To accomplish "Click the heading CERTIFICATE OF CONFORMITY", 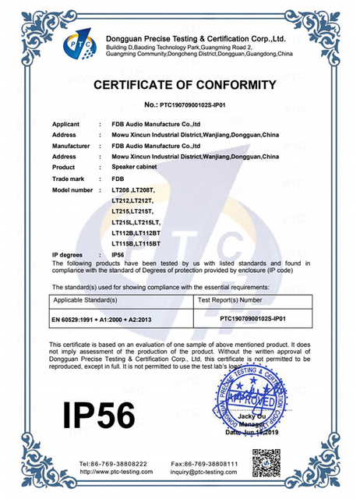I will [185, 84].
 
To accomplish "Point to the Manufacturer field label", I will [72, 145].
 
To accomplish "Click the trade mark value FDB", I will [118, 179].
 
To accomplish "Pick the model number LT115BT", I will [147, 245].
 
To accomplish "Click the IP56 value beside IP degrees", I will [119, 255].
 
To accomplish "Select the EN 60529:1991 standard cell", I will [109, 320].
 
